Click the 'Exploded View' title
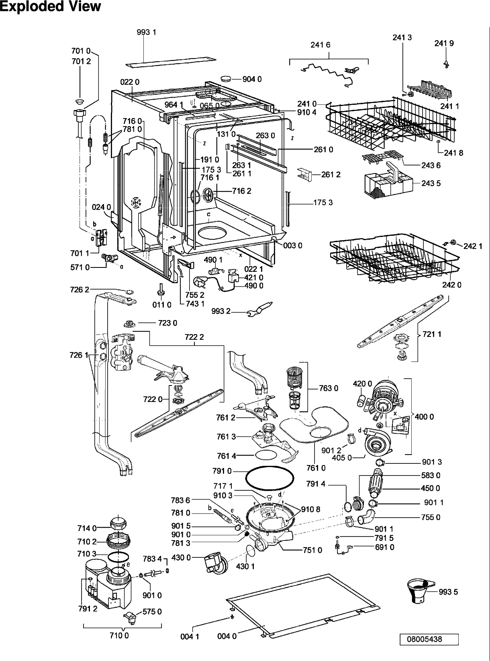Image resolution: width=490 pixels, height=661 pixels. click(x=51, y=6)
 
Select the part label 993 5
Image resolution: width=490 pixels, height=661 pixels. click(x=448, y=592)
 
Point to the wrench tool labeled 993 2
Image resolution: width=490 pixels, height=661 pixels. click(x=260, y=309)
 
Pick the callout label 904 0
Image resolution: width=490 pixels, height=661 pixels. click(x=252, y=79)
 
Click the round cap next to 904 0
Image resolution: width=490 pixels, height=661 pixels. click(x=226, y=79)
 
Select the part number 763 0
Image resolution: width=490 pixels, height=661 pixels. click(x=329, y=388)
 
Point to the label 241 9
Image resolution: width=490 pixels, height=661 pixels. click(x=444, y=43)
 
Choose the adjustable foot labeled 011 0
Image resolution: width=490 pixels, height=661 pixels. click(x=160, y=289)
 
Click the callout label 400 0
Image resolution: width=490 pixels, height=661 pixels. click(x=424, y=416)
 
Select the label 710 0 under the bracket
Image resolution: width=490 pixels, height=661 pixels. click(x=119, y=635)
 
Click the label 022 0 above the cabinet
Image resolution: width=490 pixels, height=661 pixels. click(x=130, y=82)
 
